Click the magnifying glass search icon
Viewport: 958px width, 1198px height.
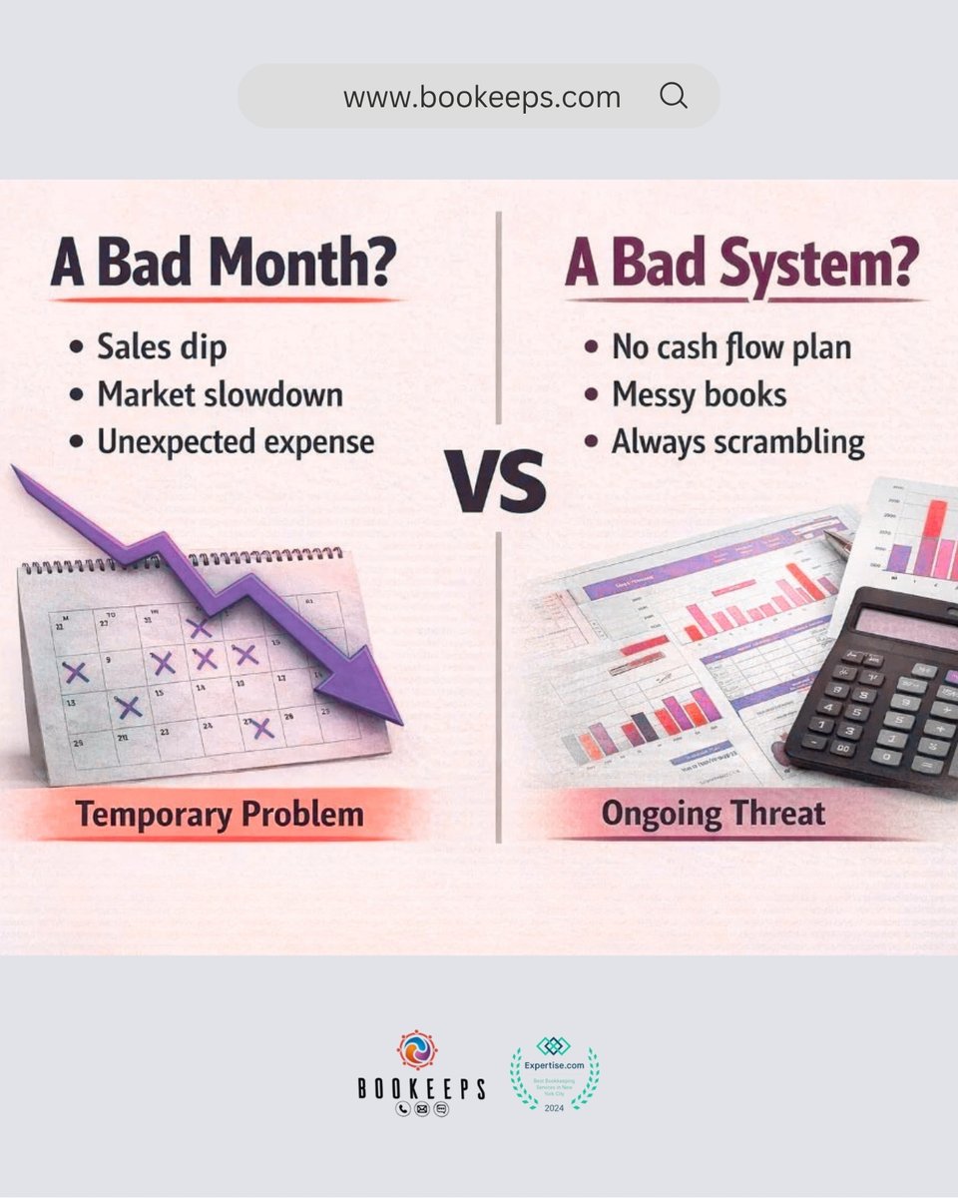(x=674, y=96)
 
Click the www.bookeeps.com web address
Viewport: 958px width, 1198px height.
(x=482, y=97)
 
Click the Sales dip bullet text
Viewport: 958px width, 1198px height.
(x=162, y=346)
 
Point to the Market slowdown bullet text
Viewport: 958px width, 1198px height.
(x=220, y=393)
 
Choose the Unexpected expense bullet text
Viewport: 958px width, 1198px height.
(x=236, y=440)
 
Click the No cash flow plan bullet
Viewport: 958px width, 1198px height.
(x=731, y=347)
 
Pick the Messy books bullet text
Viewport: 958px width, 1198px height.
(x=699, y=394)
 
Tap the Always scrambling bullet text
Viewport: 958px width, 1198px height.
(x=737, y=441)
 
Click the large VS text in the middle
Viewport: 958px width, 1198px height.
(x=496, y=481)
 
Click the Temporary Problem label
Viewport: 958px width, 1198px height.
(x=220, y=815)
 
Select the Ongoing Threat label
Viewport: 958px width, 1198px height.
(x=713, y=814)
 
